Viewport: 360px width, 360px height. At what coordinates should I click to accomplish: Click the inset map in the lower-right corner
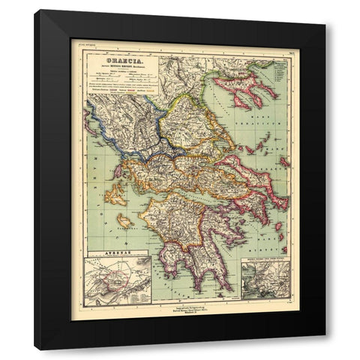click(265, 280)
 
